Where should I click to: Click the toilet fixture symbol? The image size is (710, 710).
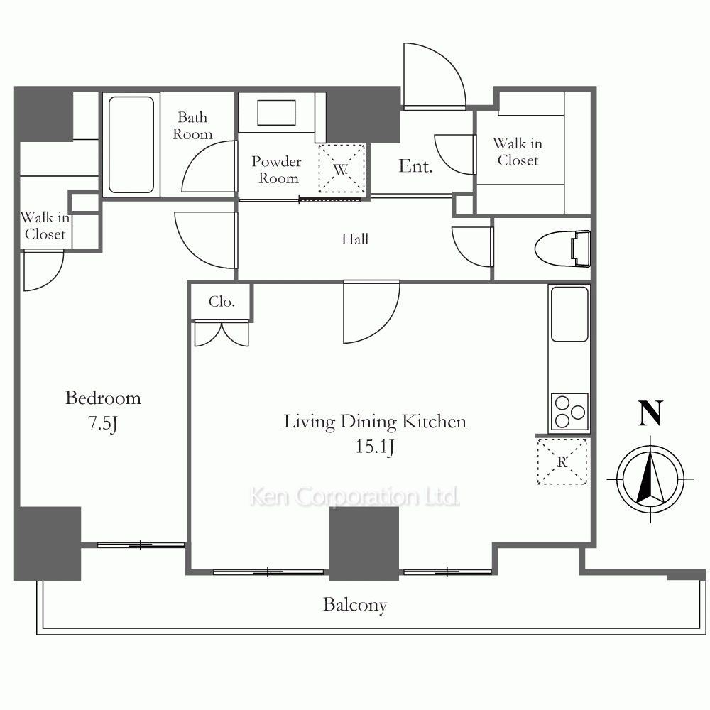pos(563,248)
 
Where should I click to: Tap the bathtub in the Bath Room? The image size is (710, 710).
pos(131,145)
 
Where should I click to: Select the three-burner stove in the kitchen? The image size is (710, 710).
pos(569,412)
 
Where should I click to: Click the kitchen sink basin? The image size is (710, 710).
pos(569,314)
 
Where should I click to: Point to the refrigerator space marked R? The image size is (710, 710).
pos(562,461)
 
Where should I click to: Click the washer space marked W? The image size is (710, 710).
pos(342,168)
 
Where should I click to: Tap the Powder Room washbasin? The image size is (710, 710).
pos(276,112)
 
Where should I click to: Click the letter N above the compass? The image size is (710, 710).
pos(650,413)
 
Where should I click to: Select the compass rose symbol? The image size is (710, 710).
pos(650,479)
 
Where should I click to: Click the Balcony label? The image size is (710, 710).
pos(355,605)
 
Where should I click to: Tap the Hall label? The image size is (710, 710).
pos(355,239)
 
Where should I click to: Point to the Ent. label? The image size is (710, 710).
pos(415,166)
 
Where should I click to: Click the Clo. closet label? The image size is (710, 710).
pos(222,302)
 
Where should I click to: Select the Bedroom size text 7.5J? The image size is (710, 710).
pos(103,423)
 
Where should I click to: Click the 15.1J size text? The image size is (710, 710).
pos(374,447)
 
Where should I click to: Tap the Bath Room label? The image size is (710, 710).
pos(192,126)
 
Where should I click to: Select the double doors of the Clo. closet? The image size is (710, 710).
pos(222,334)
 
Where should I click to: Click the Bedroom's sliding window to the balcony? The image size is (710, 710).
pos(141,545)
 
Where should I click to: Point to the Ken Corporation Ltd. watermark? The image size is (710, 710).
pos(354,496)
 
